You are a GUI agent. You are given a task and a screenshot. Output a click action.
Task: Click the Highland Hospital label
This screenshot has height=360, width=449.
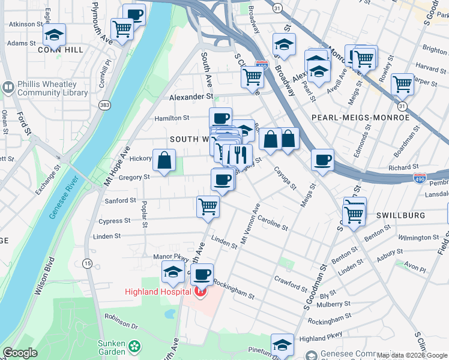(158, 292)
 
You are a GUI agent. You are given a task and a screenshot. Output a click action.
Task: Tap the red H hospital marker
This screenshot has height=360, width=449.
(200, 292)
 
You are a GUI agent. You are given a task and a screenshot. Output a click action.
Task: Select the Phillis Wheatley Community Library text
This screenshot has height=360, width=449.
(52, 89)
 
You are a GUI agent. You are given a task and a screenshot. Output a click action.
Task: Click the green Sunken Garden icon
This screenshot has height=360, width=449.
(136, 346)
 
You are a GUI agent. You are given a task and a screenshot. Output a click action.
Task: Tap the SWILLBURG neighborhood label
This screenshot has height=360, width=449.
(400, 215)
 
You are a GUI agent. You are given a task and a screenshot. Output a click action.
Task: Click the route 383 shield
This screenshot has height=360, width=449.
(105, 105)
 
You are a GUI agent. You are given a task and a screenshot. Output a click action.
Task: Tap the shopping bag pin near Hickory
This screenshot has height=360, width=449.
(164, 160)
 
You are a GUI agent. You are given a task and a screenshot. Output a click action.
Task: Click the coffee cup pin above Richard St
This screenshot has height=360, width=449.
(322, 160)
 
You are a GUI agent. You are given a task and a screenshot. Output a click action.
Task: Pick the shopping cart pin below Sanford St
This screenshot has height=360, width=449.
(208, 206)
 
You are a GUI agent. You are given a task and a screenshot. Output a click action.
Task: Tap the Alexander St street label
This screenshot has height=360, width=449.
(191, 97)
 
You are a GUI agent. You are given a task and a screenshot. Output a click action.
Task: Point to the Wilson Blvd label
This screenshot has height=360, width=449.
(44, 277)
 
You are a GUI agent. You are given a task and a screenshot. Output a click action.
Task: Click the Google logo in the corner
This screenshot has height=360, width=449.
(20, 353)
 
